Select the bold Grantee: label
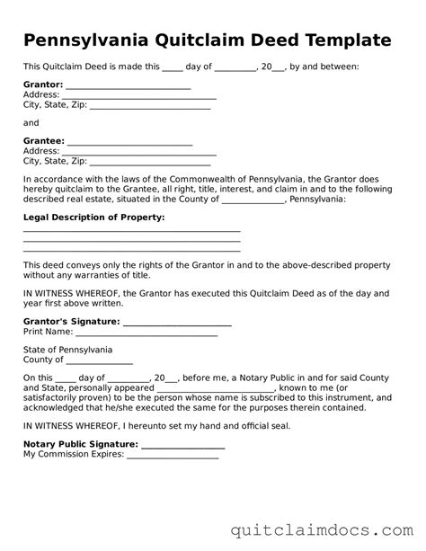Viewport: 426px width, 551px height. coord(44,141)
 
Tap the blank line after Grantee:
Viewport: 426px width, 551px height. coord(130,144)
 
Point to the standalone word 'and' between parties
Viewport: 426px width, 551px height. coord(31,122)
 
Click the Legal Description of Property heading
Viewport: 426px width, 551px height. coord(93,218)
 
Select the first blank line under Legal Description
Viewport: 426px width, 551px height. coord(131,232)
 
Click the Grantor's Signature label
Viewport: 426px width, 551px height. coord(71,321)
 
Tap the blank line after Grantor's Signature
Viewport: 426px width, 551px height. coord(176,324)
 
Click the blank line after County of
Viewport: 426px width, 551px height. coord(101,362)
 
